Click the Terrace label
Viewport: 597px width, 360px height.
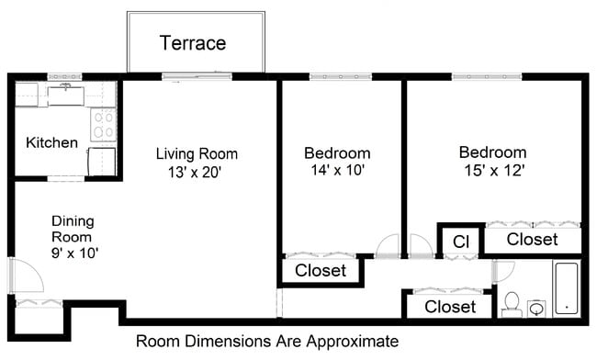click(x=193, y=43)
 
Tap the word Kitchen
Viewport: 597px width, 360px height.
click(x=51, y=142)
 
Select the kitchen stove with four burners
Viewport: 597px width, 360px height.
click(x=103, y=124)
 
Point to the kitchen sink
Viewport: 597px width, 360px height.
click(x=65, y=94)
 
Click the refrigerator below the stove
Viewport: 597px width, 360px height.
click(x=101, y=161)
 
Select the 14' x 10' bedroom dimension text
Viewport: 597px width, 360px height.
click(x=338, y=170)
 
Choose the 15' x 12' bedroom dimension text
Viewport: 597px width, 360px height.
click(x=493, y=170)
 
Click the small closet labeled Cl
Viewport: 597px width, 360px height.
click(x=461, y=241)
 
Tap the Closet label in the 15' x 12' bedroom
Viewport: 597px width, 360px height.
click(x=533, y=240)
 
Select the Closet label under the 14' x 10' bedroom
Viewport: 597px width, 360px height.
click(x=321, y=271)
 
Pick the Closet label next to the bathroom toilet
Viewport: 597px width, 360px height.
click(x=450, y=307)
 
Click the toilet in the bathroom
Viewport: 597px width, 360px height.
click(x=512, y=301)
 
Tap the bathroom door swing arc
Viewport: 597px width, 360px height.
click(x=503, y=271)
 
